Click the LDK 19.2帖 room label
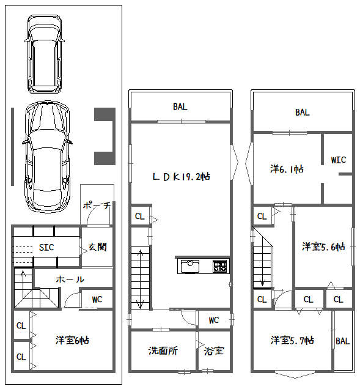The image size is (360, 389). pos(182,177)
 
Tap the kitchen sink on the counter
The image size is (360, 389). pos(190,266)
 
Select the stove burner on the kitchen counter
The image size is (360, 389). pos(219,266)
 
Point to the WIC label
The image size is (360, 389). pos(339,160)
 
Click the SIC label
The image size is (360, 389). pos(46,247)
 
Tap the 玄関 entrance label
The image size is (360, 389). pos(97,247)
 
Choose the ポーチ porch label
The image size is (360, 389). pos(97,206)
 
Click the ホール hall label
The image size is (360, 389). pos(70,280)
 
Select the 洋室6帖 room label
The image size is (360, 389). pos(72,340)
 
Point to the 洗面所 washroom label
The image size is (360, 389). pos(163,350)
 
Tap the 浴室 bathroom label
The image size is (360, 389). pos(214,351)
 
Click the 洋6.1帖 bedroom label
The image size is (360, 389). pos(287,169)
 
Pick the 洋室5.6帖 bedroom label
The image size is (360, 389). pos(323,246)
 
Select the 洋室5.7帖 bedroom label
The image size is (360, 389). pos(292,340)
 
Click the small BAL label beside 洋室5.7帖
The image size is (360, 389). pos(343,341)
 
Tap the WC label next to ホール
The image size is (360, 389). pos(97,300)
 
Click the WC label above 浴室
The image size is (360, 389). pos(214,320)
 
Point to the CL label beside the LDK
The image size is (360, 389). pos(139,217)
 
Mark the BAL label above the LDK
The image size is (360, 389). pos(180,106)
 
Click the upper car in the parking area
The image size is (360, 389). pos(45,54)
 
